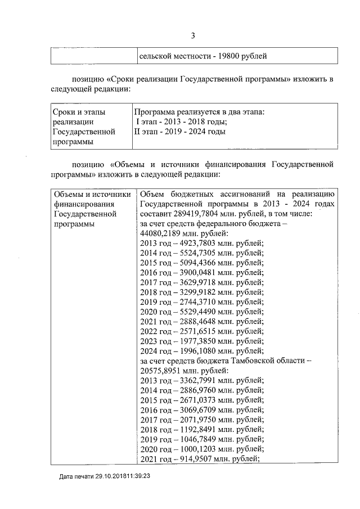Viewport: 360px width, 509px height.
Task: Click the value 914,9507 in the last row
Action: tap(195, 458)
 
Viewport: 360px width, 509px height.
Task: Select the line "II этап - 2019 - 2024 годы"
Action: tap(180, 132)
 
